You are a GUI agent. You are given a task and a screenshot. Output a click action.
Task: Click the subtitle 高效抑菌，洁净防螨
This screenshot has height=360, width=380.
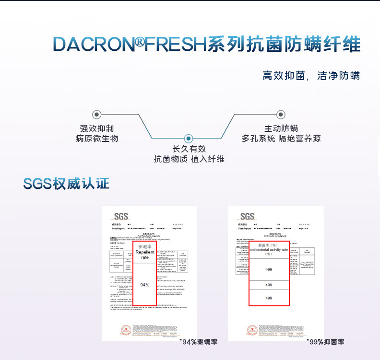coord(311,76)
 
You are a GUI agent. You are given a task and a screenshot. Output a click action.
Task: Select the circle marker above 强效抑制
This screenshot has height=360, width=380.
coord(97,115)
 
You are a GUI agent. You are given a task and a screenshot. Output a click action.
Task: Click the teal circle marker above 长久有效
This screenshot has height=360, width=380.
coord(189,138)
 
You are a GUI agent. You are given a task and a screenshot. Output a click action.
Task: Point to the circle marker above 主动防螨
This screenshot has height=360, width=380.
coord(281,115)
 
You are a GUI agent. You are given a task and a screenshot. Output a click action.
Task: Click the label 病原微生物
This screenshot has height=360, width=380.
coord(97,139)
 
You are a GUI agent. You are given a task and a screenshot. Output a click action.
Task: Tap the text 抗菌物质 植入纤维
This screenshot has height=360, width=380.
coord(189,159)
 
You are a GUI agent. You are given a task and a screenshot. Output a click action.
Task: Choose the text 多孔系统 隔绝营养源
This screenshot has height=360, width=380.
coord(281,139)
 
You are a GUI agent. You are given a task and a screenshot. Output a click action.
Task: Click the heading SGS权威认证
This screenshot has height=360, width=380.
coord(66,183)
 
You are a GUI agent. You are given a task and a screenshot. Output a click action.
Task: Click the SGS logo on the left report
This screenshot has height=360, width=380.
coord(121,216)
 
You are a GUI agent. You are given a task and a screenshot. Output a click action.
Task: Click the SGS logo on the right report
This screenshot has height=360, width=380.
coord(247,216)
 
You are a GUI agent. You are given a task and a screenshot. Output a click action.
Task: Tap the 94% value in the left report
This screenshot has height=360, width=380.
coord(144,285)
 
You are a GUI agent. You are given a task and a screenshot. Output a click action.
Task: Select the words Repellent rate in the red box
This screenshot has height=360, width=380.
coord(144,255)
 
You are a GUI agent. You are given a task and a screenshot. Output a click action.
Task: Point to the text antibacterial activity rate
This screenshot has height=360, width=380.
coord(269,250)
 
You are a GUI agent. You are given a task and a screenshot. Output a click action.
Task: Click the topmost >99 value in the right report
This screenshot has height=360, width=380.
coord(269,270)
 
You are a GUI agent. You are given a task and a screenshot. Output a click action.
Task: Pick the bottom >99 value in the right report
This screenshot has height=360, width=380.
coord(269,298)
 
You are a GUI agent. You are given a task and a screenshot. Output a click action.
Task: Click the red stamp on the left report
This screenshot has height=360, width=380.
coord(126,330)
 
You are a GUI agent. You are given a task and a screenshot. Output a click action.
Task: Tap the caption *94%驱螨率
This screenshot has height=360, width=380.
coord(198,342)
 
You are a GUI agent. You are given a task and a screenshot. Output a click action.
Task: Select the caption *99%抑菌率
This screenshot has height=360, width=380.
coord(325,342)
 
